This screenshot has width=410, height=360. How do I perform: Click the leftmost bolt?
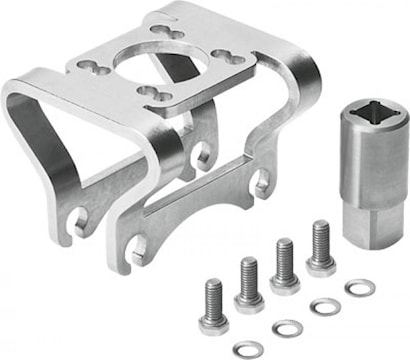pos(213,306)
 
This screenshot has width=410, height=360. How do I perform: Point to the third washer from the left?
pos(324,306)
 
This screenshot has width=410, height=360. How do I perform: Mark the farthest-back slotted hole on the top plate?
pos(160,27)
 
